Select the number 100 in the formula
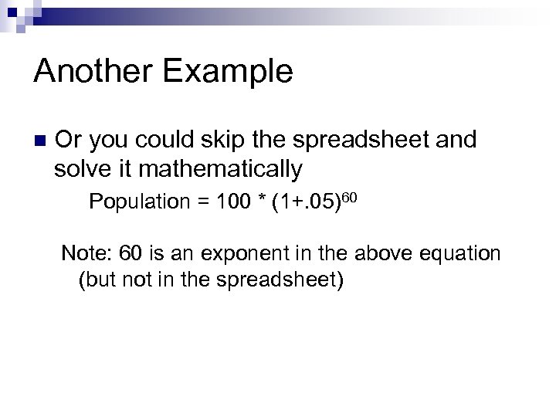pyautogui.click(x=232, y=203)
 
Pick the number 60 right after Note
pyautogui.click(x=120, y=254)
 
